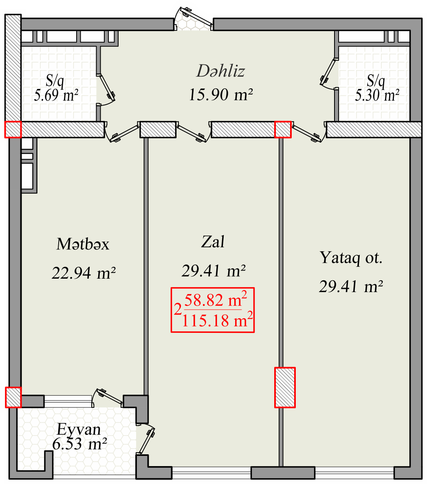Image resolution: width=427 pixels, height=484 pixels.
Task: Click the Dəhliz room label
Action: pyautogui.click(x=221, y=71)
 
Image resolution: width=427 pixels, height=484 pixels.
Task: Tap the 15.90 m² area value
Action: pyautogui.click(x=221, y=95)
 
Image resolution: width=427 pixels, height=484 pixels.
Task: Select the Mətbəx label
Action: pyautogui.click(x=83, y=244)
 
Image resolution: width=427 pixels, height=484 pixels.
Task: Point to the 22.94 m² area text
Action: pyautogui.click(x=84, y=273)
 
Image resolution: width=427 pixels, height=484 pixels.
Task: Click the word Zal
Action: pyautogui.click(x=213, y=242)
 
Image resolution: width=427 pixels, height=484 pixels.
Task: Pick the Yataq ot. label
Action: pyautogui.click(x=351, y=257)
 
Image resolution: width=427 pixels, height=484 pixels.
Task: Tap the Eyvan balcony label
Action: pyautogui.click(x=79, y=429)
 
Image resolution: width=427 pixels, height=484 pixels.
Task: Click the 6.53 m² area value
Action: pyautogui.click(x=79, y=444)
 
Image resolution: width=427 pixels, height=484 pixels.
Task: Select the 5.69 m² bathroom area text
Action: pyautogui.click(x=56, y=95)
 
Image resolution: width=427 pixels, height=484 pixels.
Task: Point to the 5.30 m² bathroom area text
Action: pyautogui.click(x=377, y=95)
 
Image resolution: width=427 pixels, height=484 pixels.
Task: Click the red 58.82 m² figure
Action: pyautogui.click(x=216, y=300)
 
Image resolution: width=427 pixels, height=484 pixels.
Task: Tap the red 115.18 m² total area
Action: pyautogui.click(x=217, y=320)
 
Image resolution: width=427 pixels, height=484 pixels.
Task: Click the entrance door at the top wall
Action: pyautogui.click(x=193, y=19)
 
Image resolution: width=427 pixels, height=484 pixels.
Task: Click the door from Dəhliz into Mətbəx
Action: pyautogui.click(x=122, y=133)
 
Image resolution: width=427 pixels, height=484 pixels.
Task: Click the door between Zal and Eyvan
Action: pyautogui.click(x=146, y=439)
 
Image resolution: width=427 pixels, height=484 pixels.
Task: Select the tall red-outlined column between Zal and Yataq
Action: pyautogui.click(x=285, y=387)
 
